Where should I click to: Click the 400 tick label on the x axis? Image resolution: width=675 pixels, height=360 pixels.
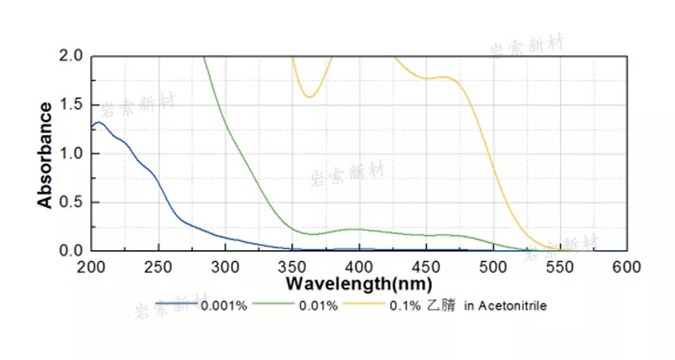(359, 266)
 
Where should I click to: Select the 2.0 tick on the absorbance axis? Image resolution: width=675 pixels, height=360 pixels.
(71, 56)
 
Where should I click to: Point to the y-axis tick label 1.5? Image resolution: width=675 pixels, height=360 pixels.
(71, 104)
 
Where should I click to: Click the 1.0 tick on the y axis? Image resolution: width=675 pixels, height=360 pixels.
(71, 153)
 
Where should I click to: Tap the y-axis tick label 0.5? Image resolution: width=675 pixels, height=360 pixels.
(71, 202)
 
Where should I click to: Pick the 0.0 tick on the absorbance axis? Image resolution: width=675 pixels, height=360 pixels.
(71, 250)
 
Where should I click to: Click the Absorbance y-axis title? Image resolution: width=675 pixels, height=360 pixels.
(45, 154)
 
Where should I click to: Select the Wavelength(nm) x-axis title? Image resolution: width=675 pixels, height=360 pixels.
(360, 283)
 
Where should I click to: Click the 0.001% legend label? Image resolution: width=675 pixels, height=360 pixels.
(223, 306)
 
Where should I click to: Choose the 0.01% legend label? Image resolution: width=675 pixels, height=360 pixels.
(319, 306)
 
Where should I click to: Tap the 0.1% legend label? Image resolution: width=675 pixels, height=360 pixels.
(402, 306)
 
